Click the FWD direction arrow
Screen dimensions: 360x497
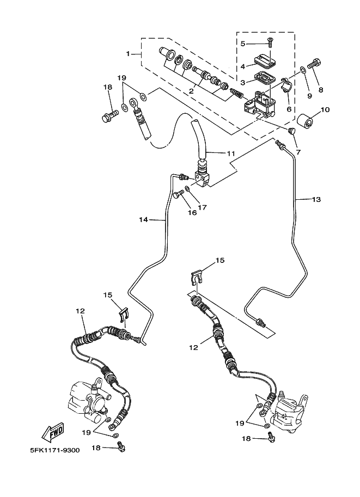coord(53,432)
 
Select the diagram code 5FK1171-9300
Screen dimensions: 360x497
coord(55,450)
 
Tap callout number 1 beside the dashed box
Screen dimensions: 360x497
coord(128,54)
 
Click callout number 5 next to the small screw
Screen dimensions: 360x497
coord(243,44)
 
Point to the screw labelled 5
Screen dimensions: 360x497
coord(270,42)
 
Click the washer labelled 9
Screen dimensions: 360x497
coord(303,70)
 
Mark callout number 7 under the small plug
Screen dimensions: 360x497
coord(298,152)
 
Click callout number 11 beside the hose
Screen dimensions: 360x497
coord(230,154)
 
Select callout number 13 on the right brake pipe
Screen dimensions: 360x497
coord(316,199)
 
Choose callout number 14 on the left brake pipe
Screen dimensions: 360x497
coord(144,219)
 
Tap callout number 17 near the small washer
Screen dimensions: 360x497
coord(202,207)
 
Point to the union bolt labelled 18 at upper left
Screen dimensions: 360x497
coord(110,116)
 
